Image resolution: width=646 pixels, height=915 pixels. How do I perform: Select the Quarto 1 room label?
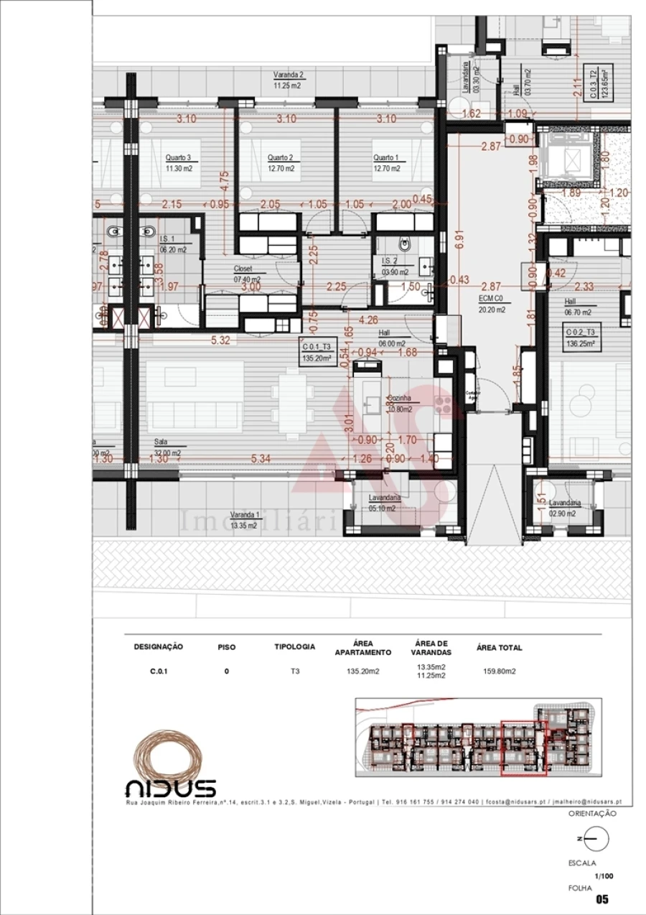tap(385, 158)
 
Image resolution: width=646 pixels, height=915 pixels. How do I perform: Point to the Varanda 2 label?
tap(288, 75)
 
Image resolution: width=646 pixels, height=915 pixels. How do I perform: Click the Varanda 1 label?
tap(244, 515)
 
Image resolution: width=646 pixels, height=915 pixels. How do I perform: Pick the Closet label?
tap(243, 269)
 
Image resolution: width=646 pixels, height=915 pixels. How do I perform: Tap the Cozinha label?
tap(399, 398)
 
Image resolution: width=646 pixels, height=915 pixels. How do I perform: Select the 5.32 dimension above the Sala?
tap(220, 340)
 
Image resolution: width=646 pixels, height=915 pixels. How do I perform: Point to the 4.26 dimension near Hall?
tap(368, 320)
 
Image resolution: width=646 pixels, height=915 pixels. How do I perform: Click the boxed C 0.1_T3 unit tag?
tap(317, 352)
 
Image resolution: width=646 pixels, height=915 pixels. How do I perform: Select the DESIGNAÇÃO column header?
tap(158, 647)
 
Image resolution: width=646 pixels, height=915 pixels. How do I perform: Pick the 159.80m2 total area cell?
tap(499, 672)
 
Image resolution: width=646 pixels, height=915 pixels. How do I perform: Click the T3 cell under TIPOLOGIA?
tap(294, 672)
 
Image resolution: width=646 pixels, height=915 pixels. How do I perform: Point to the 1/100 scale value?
tap(604, 876)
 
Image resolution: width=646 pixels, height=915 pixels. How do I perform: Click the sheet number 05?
tap(601, 900)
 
